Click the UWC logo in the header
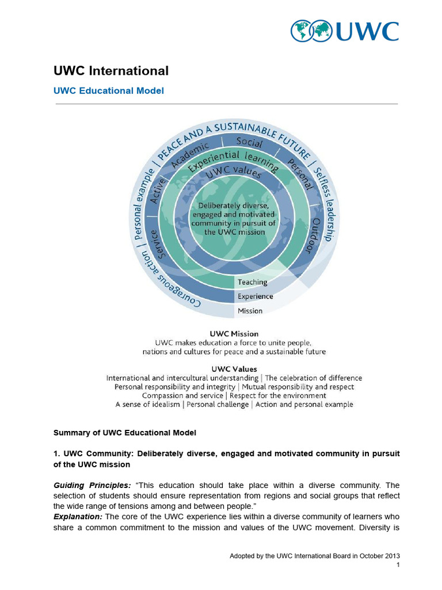pos(344,31)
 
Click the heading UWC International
pos(111,71)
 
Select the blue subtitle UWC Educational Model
pos(109,91)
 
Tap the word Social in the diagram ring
pos(250,142)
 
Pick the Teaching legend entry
pos(253,282)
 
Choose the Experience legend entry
pos(255,296)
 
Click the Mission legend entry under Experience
pos(250,311)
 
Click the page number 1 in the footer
pos(398,566)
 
